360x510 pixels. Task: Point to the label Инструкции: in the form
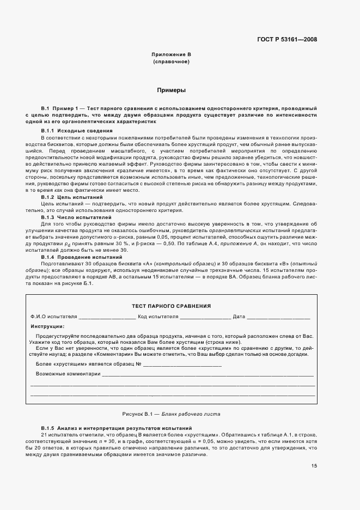48,326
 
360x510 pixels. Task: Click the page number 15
314,465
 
